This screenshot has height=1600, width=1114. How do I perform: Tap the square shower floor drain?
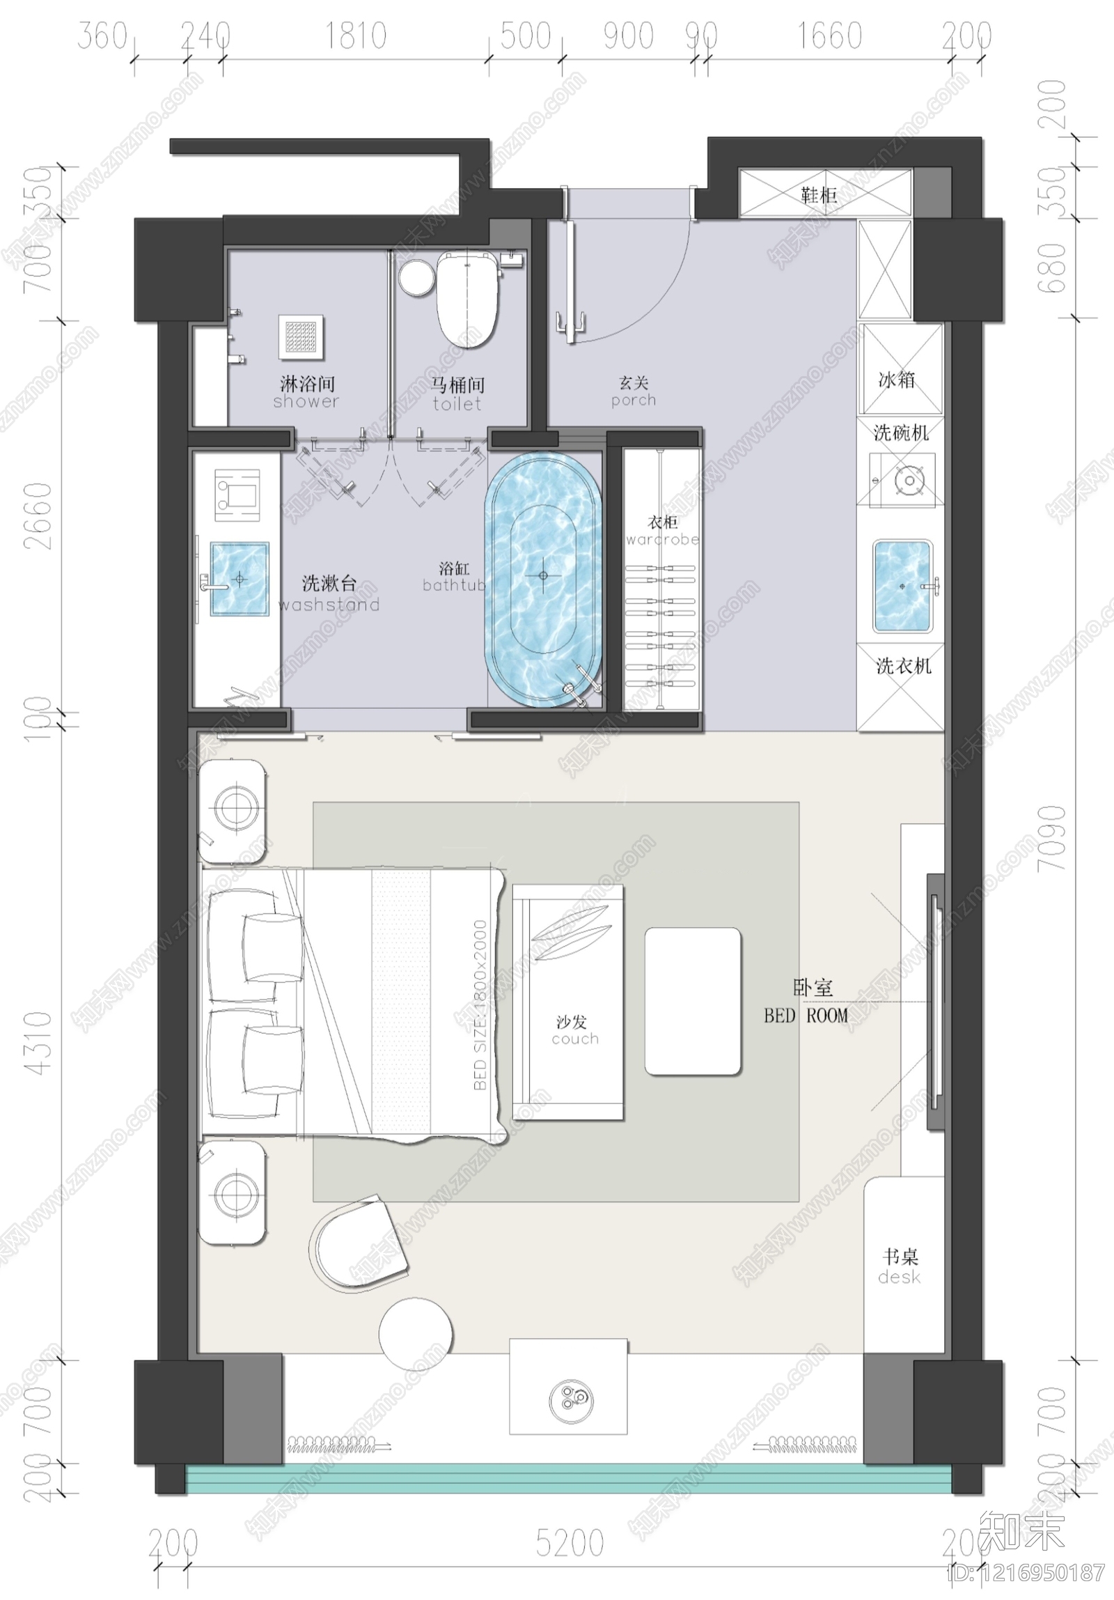pos(301,337)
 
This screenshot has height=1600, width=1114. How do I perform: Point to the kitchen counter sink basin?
pos(902,586)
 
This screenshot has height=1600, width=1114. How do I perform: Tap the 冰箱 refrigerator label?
pos(897,380)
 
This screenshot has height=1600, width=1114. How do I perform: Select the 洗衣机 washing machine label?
pos(903,666)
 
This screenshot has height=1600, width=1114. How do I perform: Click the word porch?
pos(634,401)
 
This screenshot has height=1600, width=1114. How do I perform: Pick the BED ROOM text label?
pos(806,1016)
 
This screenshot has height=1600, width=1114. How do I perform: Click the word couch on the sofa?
pos(575,1039)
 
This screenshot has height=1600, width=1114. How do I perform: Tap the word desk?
pos(899,1277)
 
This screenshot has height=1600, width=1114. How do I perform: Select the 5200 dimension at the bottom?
pos(570,1543)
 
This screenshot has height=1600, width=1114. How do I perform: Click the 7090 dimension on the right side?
pos(1052,839)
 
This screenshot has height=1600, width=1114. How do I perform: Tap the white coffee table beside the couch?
pos(692,1002)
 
